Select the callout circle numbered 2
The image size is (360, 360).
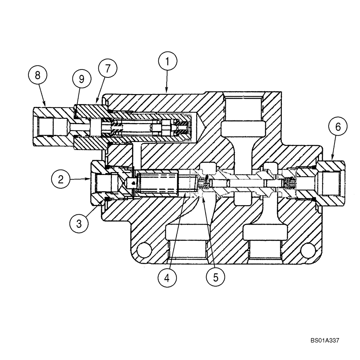(61, 179)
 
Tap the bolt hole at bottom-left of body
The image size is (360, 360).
(144, 249)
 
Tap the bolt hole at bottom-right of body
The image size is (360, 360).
(307, 249)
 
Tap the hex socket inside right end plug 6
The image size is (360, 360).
(328, 183)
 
